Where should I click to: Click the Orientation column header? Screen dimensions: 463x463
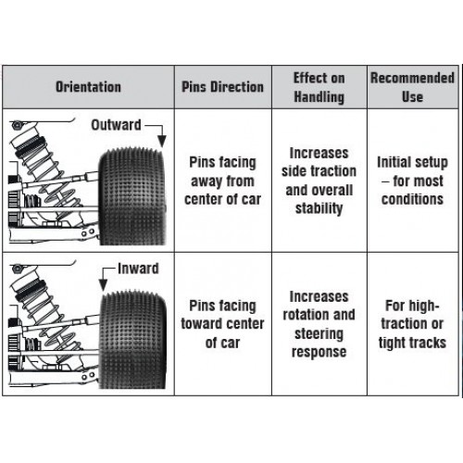click(88, 87)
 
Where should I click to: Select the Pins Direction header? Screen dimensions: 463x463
click(222, 87)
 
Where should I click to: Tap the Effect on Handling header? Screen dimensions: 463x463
click(319, 87)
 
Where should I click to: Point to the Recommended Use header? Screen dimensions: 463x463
click(412, 87)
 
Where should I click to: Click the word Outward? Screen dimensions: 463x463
click(116, 125)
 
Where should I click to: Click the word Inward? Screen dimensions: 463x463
click(138, 269)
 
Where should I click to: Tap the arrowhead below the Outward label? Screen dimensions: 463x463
click(162, 142)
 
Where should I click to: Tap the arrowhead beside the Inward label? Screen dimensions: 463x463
click(103, 284)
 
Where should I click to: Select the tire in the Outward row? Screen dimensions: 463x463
click(132, 196)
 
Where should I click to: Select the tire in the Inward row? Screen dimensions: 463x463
click(132, 340)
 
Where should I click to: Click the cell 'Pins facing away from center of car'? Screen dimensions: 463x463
click(222, 181)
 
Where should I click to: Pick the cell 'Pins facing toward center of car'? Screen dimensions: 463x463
click(222, 324)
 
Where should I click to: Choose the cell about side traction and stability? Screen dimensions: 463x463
click(319, 181)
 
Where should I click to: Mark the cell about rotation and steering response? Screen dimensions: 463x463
click(319, 324)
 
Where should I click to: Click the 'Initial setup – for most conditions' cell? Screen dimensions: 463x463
click(412, 181)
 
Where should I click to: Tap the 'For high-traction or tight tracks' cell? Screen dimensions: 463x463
click(412, 324)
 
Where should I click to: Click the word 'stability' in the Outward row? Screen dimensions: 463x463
click(319, 208)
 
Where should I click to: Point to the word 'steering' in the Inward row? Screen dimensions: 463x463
click(319, 333)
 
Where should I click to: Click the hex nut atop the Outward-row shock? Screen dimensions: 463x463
click(17, 125)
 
